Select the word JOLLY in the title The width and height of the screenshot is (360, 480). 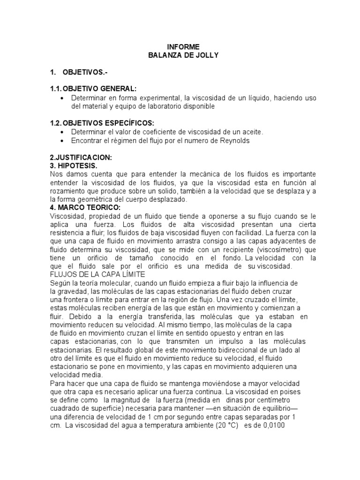click(205, 55)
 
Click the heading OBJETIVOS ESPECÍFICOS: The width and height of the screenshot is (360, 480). click(102, 123)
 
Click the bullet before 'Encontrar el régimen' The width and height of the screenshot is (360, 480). click(63, 140)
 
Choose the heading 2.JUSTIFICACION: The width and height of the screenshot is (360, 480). click(81, 157)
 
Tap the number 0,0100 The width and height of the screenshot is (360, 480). click(270, 426)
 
